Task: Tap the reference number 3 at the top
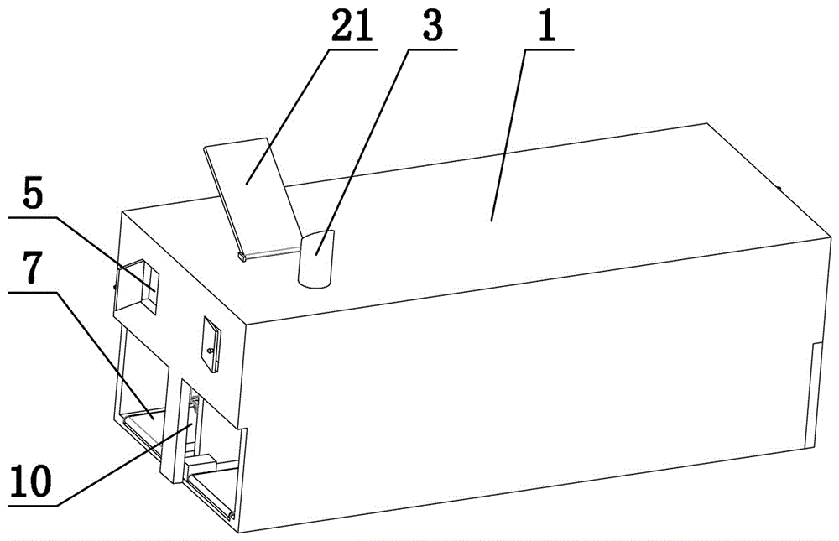click(432, 25)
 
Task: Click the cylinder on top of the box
click(316, 259)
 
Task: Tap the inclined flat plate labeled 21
click(252, 196)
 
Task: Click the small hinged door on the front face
click(212, 345)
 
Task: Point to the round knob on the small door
click(211, 351)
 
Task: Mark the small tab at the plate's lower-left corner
click(241, 257)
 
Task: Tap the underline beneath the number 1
click(549, 49)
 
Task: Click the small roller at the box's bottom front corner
click(232, 515)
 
